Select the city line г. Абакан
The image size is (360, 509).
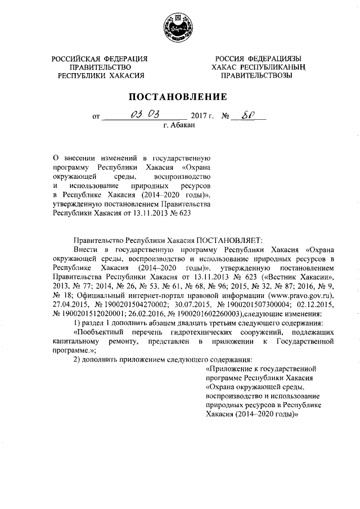(178, 127)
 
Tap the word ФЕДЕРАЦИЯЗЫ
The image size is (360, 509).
(274, 59)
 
